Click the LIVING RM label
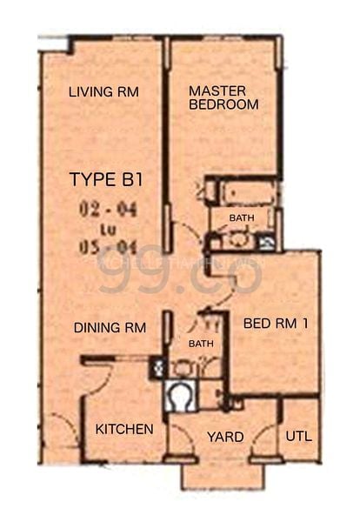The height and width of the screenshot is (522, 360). point(103,92)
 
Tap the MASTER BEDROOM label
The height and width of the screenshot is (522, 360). point(223,97)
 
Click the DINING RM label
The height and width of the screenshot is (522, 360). point(109,327)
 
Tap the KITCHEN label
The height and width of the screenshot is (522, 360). point(124,429)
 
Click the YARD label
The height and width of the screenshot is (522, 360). point(225,436)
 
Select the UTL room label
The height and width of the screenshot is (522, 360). point(298,436)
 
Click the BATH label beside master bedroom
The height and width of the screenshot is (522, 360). point(242,217)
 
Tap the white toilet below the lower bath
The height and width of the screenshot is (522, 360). point(182,397)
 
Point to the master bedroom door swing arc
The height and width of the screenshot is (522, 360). point(184,235)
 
